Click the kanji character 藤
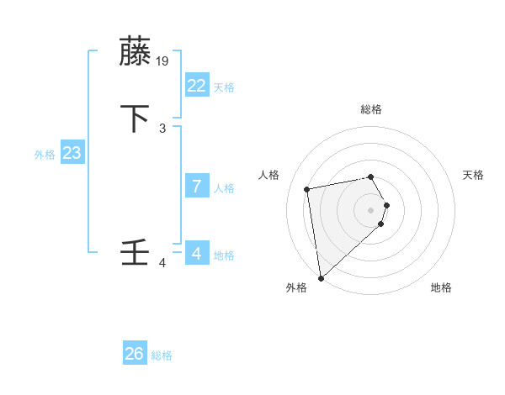(136, 52)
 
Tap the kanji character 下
(136, 118)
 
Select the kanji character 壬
(136, 253)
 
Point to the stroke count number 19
(163, 61)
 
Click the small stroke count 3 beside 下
(162, 128)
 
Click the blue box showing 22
(196, 86)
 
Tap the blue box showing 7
(196, 187)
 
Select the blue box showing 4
(196, 253)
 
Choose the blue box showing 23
(72, 153)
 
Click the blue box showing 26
(134, 354)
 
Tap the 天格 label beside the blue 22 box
(224, 87)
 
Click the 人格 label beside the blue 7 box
(224, 188)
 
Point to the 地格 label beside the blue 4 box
(224, 255)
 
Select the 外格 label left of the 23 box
(45, 155)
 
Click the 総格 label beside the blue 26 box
(162, 355)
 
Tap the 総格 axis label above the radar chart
(371, 109)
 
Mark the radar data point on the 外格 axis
(321, 277)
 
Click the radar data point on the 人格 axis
(307, 188)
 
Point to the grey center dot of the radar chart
(371, 208)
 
